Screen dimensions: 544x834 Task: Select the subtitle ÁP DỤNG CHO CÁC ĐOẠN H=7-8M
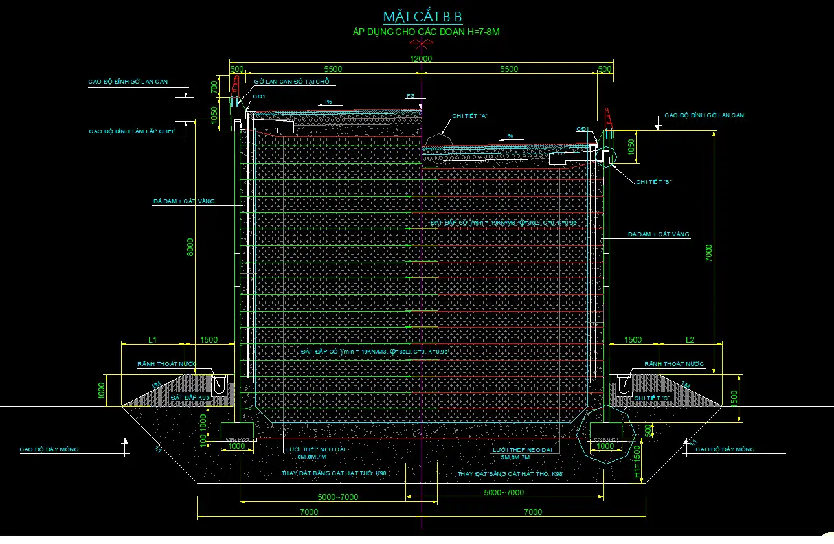pos(425,31)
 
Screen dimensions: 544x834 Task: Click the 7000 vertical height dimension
pos(709,252)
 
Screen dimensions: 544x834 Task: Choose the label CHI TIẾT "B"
pos(655,183)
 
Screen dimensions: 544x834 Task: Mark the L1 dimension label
pos(153,339)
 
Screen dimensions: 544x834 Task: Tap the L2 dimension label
pos(690,339)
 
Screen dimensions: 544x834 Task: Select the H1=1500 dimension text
pos(636,464)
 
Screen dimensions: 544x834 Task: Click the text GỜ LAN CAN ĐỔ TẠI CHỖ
pos(291,82)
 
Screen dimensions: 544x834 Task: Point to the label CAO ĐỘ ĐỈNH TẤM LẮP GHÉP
pos(132,131)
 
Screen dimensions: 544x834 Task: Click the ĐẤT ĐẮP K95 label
pos(190,396)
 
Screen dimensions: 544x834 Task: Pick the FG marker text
pos(410,96)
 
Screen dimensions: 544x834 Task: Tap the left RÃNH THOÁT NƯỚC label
pos(167,365)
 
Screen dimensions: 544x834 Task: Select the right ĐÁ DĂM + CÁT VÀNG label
pos(659,234)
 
